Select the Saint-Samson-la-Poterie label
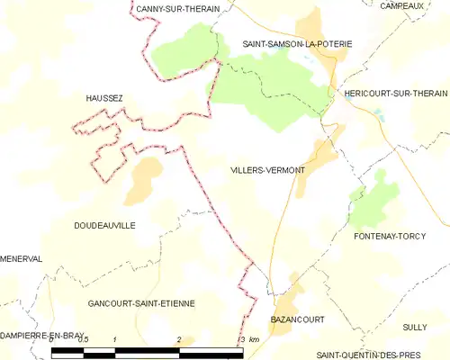297,43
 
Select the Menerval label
21,258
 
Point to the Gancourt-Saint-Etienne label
141,304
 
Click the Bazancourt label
297,319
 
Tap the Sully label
415,327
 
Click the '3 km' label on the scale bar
249,339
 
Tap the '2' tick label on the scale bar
179,339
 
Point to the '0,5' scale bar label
83,339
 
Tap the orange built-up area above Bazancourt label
286,292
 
